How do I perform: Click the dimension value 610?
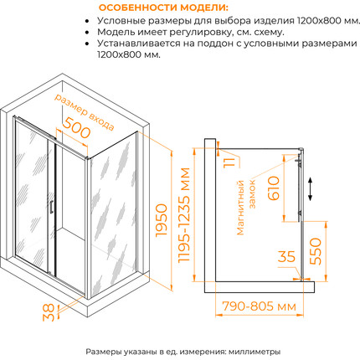[x=269, y=193]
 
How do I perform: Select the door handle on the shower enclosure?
[x=52, y=210]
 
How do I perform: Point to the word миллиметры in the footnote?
[x=250, y=352]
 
